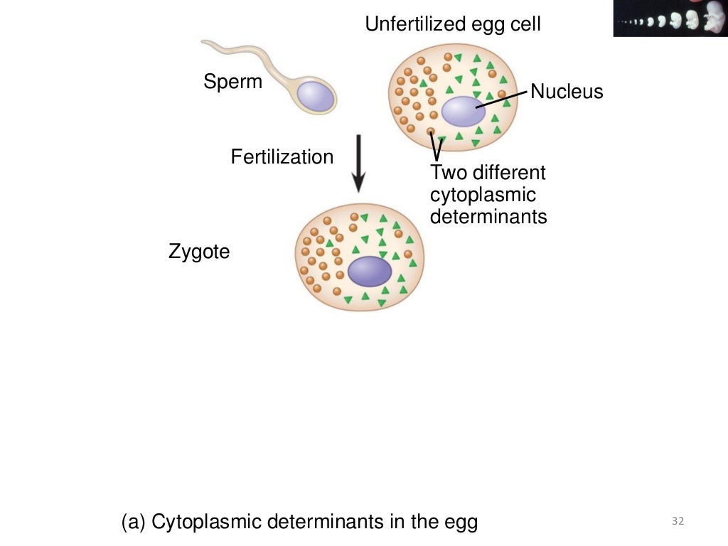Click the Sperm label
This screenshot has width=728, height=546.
pos(232,82)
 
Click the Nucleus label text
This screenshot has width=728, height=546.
pos(567,92)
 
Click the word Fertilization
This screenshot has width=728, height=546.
pos(282,157)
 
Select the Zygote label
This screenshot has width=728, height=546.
pos(199,252)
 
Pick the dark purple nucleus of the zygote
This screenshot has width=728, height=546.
pos(370,271)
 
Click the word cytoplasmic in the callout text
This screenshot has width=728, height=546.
pos(483,195)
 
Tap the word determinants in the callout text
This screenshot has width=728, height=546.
pos(488,216)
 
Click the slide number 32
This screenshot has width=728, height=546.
pos(677,523)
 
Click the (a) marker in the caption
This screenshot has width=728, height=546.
pos(134,523)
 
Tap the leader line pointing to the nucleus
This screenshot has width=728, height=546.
pos(502,100)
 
